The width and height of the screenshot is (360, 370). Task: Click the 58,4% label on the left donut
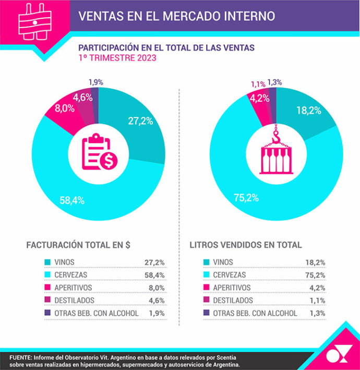(x=73, y=200)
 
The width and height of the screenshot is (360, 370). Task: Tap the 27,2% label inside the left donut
(x=140, y=121)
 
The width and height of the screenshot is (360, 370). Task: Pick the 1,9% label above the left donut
(x=95, y=81)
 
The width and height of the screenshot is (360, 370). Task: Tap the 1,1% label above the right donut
(x=258, y=83)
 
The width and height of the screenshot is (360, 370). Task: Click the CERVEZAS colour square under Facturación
(x=47, y=274)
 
